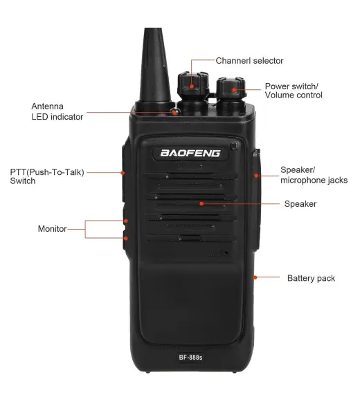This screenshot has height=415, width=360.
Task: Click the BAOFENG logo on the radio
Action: click(190, 154)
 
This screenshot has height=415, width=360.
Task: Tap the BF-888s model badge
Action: click(190, 358)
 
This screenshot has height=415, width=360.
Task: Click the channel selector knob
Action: click(193, 85)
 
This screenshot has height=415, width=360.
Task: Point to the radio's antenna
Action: click(154, 66)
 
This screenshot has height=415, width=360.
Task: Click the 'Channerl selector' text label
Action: click(249, 61)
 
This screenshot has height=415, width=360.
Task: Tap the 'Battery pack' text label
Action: click(311, 278)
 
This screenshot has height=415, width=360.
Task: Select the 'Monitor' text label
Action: click(52, 229)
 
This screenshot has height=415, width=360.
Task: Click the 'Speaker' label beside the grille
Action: click(300, 204)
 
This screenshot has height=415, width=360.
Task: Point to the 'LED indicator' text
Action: click(57, 117)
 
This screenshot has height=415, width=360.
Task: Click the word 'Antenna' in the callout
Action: click(47, 106)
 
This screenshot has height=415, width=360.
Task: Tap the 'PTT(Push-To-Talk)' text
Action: click(47, 172)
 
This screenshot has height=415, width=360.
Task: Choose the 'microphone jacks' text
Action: click(314, 181)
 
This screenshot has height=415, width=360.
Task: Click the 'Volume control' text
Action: click(294, 95)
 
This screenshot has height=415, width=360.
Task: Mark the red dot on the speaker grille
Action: click(202, 203)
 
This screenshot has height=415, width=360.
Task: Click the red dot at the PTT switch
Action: click(123, 172)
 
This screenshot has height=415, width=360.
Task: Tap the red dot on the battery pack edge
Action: click(255, 277)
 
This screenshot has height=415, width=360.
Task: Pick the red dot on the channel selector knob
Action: click(192, 86)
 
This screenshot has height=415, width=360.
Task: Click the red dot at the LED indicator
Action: click(175, 113)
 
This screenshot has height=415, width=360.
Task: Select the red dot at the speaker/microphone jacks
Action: click(256, 176)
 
